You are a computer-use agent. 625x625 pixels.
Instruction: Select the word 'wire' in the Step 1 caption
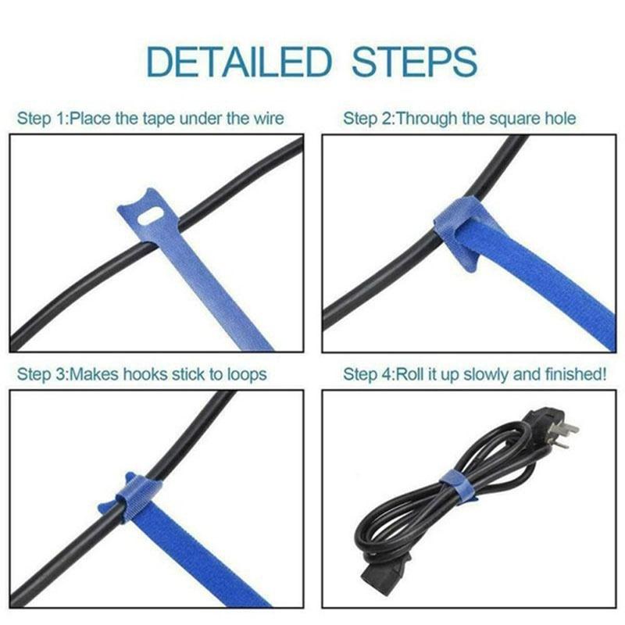click(267, 119)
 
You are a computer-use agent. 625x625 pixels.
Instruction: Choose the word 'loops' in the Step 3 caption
click(246, 374)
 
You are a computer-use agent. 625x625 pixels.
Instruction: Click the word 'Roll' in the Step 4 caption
click(415, 374)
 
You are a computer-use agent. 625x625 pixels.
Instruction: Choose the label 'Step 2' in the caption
click(368, 119)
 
